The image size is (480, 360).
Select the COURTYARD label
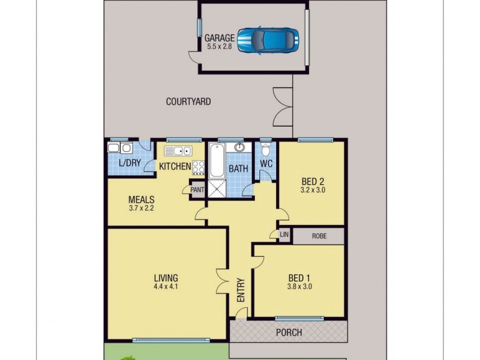188,102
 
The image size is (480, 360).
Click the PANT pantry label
197,190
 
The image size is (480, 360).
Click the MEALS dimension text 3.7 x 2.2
142,208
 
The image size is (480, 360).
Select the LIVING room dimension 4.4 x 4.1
166,287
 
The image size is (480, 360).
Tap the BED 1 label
299,278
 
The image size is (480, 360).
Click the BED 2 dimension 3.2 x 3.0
312,190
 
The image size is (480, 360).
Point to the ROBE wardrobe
319,236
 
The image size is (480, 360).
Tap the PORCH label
289,332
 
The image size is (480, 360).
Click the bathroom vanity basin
239,148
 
